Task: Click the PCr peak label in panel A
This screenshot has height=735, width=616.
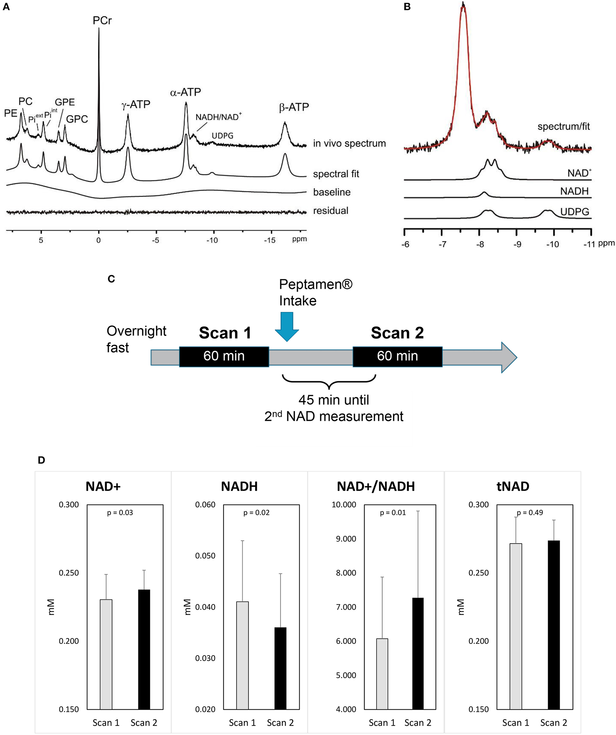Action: (x=102, y=21)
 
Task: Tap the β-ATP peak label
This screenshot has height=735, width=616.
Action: (x=294, y=107)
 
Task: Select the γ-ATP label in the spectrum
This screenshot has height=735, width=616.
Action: (x=136, y=104)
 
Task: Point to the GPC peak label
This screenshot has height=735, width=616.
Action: (x=77, y=119)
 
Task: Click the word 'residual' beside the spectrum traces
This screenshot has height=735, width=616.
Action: (x=331, y=211)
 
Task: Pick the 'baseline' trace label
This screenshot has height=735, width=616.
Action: (x=332, y=192)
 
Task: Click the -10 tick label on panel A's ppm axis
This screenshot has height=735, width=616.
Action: (x=212, y=240)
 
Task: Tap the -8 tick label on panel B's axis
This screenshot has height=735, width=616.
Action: (x=480, y=244)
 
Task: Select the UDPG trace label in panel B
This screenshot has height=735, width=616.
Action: (x=574, y=212)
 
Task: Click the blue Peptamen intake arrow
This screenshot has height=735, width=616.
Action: (x=287, y=326)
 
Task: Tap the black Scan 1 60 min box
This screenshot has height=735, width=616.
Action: (x=224, y=356)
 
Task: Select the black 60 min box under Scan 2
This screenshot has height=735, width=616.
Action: (x=397, y=356)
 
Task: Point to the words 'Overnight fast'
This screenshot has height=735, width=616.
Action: (x=136, y=339)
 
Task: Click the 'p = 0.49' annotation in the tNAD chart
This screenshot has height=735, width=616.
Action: (x=530, y=513)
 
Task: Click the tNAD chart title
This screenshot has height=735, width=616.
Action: (x=513, y=487)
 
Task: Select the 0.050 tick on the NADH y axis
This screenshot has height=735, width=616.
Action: (x=205, y=556)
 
